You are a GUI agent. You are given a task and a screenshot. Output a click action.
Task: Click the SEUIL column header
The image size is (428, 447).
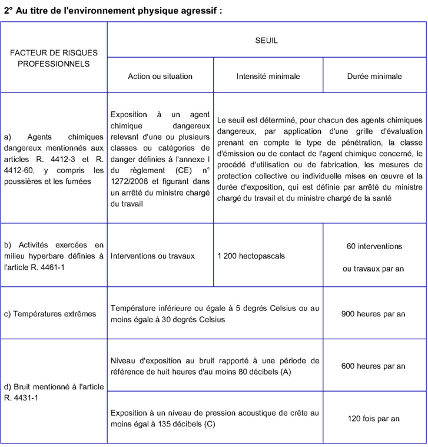click(266, 41)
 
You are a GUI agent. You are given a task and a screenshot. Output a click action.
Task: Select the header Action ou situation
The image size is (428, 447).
click(160, 76)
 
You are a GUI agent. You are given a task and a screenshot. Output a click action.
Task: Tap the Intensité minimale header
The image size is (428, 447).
click(268, 76)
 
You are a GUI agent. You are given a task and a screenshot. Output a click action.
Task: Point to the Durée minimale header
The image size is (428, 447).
click(374, 76)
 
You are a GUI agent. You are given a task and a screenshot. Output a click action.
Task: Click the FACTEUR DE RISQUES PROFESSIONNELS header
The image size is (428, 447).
click(54, 58)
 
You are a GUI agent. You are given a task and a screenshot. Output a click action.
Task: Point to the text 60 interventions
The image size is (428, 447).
click(374, 245)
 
